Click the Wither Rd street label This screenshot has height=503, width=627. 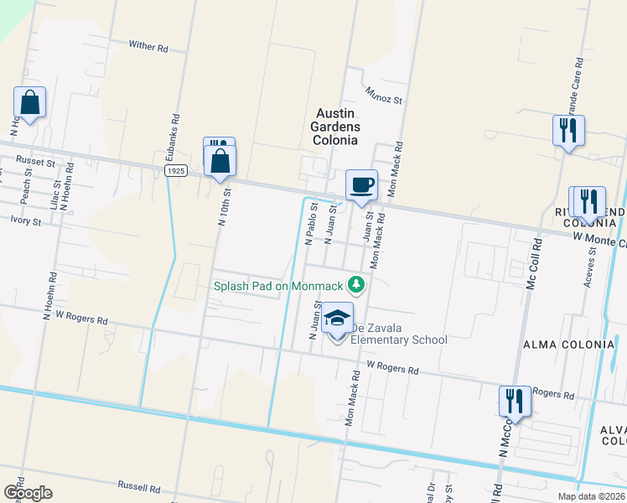148,47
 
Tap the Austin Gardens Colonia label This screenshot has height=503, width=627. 337,127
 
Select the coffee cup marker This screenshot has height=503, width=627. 361,184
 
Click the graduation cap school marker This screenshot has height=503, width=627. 337,319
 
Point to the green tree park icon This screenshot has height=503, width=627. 358,286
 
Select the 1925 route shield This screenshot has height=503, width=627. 175,170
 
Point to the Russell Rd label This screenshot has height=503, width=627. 138,486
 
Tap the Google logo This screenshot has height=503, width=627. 28,492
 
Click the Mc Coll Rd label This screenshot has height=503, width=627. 531,269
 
